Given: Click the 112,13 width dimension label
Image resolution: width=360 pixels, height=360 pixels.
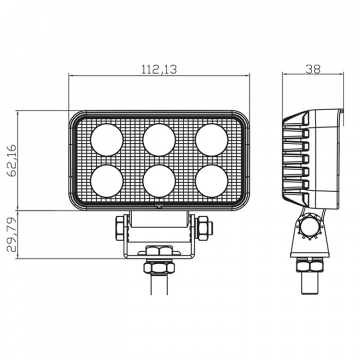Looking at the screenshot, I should tap(159, 69).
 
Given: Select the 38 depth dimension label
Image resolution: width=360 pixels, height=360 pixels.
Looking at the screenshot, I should tap(313, 69).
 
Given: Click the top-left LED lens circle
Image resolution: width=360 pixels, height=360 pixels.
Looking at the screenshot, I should tap(106, 140).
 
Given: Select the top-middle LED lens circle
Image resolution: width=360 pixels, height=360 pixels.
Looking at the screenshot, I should tap(159, 140).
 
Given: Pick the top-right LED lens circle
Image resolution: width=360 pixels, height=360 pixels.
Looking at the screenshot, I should tap(211, 140).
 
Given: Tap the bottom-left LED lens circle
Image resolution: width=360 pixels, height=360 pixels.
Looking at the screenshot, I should tap(106, 181).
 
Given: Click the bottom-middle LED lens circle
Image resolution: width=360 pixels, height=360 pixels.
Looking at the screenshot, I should tap(159, 181).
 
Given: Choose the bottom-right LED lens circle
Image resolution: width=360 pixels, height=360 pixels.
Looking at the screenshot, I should tap(211, 181).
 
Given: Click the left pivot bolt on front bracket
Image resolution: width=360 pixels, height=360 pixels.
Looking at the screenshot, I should tap(120, 228).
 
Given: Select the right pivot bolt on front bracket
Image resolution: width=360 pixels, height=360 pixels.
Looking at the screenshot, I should tap(204, 228).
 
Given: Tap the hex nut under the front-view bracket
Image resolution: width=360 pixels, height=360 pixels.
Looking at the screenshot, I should tap(159, 267).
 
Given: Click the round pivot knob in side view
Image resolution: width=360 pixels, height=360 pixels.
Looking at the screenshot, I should tap(309, 226).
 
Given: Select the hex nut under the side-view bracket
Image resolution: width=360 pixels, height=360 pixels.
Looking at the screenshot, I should tap(309, 265).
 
